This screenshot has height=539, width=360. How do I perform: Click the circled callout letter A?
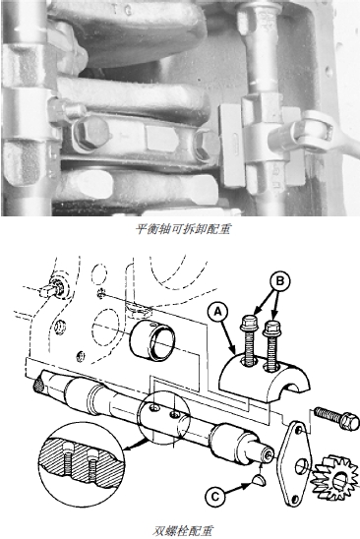pyautogui.click(x=218, y=312)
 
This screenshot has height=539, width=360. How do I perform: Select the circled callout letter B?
pyautogui.click(x=280, y=281)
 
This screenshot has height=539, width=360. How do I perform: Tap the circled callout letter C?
pyautogui.click(x=214, y=497)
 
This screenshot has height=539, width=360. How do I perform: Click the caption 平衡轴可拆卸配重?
pyautogui.click(x=183, y=229)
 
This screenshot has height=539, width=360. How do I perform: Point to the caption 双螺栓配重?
pyautogui.click(x=183, y=530)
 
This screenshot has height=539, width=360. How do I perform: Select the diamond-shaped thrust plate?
pyautogui.click(x=296, y=463)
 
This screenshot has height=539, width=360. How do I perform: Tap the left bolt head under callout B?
pyautogui.click(x=248, y=324)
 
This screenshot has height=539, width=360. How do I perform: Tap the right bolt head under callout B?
pyautogui.click(x=271, y=329)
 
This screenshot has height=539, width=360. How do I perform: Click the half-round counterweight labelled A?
pyautogui.click(x=266, y=376)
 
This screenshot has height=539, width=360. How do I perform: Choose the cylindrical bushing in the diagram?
pyautogui.click(x=152, y=339)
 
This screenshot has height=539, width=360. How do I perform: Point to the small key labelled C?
pyautogui.click(x=258, y=481)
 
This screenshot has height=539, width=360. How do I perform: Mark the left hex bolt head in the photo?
pyautogui.click(x=91, y=134)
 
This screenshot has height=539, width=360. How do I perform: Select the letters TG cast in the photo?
pyautogui.click(x=121, y=10)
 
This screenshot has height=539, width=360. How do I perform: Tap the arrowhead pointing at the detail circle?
pyautogui.click(x=128, y=447)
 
